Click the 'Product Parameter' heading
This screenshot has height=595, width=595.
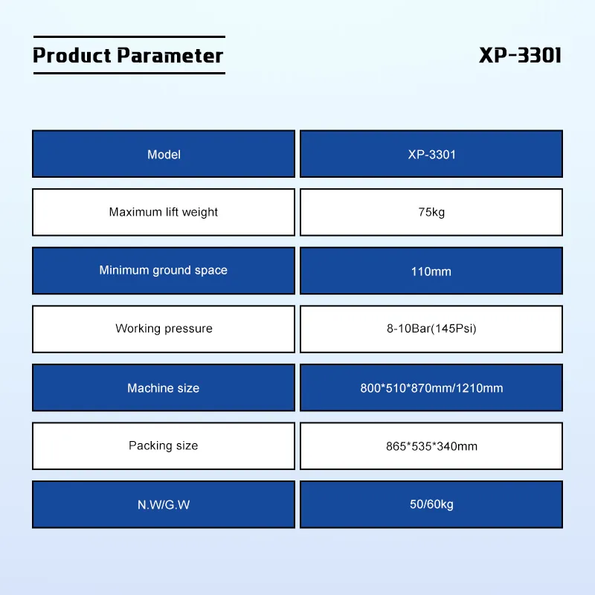pos(128,56)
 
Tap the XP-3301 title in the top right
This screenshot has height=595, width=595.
pos(520,56)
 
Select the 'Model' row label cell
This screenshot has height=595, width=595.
pos(164,155)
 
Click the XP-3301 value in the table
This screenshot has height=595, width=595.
pos(431,155)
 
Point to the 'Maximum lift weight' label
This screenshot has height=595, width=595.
pos(164,212)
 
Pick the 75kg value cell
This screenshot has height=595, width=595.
pos(431,212)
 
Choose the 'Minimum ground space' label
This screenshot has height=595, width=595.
pos(164,270)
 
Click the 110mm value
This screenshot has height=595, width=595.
pos(431,271)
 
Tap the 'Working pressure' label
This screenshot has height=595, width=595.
pos(164,328)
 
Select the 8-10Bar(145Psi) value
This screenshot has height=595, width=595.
pos(431,328)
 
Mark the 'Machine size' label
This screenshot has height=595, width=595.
pos(164,387)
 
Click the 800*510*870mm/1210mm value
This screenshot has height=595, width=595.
pos(431,387)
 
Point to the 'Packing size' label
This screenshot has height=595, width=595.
pos(164,446)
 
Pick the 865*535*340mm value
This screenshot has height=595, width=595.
pos(431,446)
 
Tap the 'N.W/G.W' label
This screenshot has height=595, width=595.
pos(164,504)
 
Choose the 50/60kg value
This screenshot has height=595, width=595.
pos(431,504)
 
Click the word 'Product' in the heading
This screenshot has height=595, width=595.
pos(72,56)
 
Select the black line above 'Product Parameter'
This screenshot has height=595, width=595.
pos(128,36)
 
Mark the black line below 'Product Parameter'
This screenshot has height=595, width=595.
pos(128,73)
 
